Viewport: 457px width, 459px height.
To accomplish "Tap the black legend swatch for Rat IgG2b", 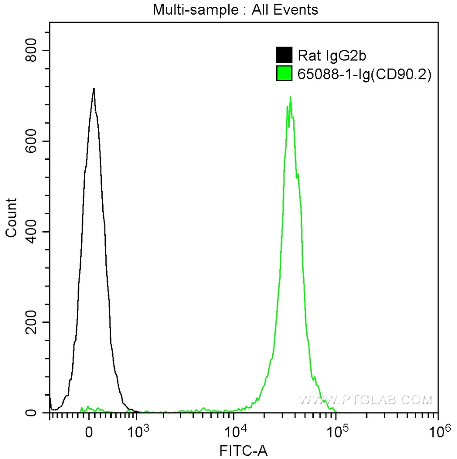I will (284, 55).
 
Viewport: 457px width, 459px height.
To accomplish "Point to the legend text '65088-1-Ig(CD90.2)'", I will (364, 75).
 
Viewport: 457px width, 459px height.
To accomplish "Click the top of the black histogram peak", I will (94, 88).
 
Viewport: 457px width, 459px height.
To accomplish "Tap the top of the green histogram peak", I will (291, 97).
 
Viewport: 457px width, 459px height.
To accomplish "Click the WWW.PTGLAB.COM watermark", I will (366, 399).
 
